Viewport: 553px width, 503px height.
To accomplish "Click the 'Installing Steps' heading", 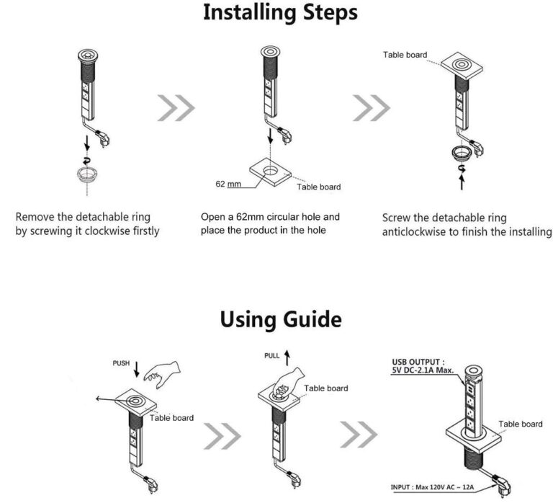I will click(280, 12).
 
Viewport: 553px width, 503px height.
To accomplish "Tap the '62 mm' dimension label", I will click(228, 184).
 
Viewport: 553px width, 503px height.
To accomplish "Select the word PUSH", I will click(121, 363).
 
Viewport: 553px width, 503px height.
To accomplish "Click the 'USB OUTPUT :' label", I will click(418, 362).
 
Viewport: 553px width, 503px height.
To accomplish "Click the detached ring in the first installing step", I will click(89, 174).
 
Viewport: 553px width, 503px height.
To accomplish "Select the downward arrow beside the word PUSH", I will click(137, 368).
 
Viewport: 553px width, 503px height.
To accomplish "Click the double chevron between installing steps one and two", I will click(176, 108).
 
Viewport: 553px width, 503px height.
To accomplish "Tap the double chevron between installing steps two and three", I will click(371, 108).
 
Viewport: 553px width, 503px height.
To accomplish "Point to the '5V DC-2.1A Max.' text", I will click(424, 371).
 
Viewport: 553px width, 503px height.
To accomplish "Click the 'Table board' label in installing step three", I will click(405, 55).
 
